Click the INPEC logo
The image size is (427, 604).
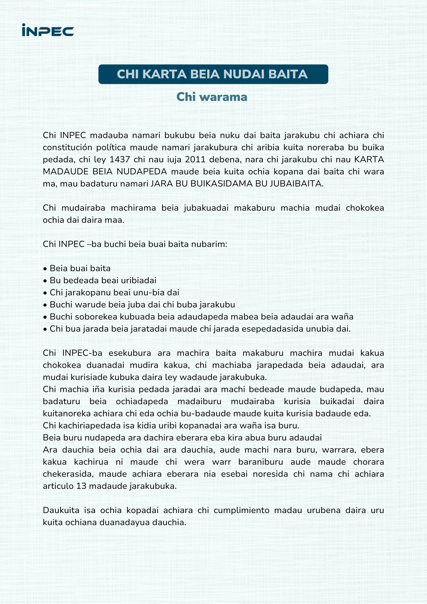point(48,30)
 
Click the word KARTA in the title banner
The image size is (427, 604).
point(165,74)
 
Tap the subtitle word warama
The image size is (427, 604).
point(223,97)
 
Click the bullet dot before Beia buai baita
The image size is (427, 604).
point(45,269)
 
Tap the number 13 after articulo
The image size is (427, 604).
point(82,486)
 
